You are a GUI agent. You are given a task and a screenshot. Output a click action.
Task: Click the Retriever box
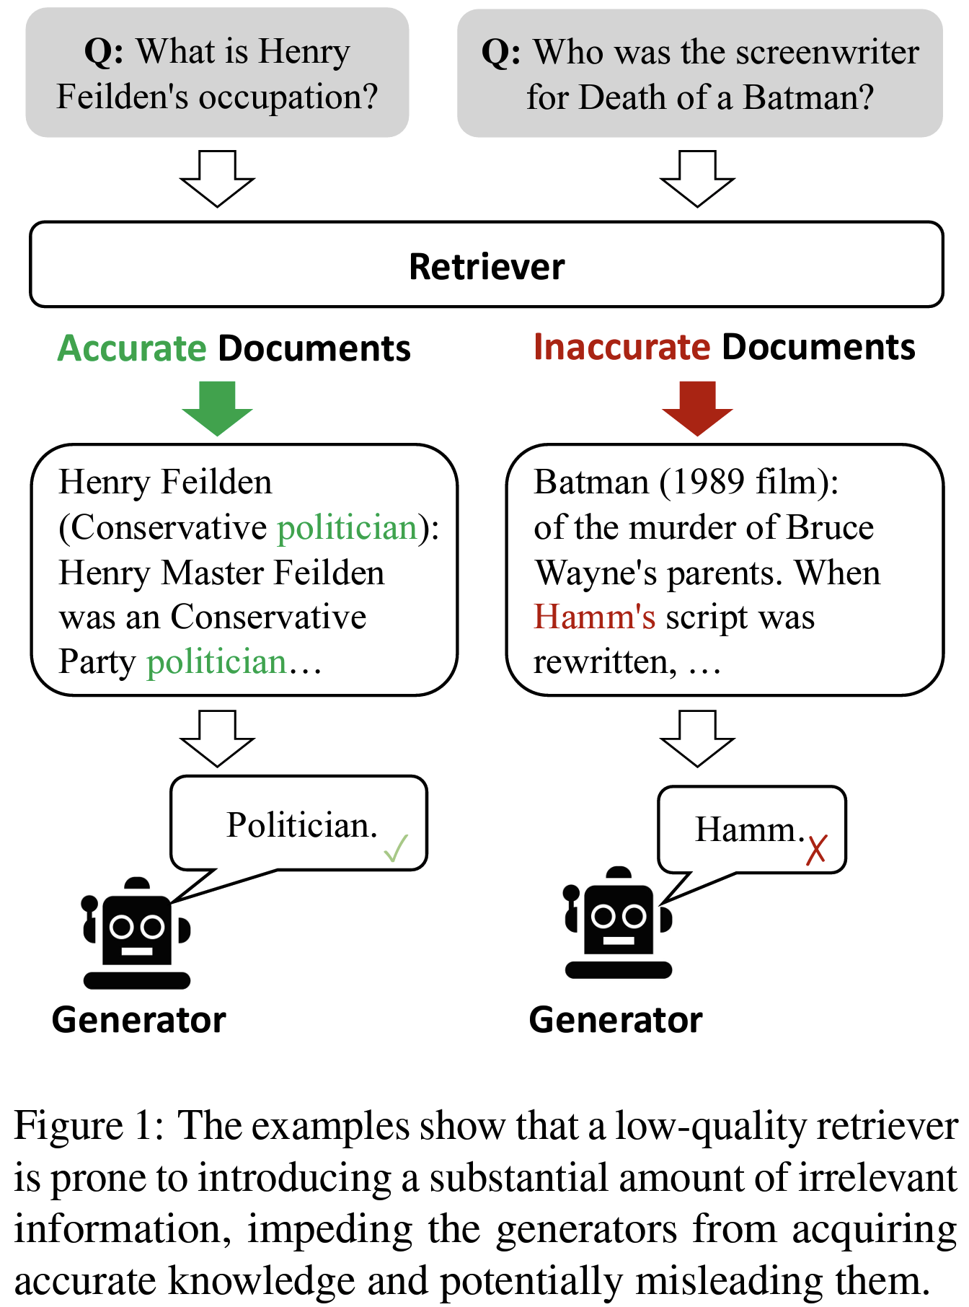(487, 265)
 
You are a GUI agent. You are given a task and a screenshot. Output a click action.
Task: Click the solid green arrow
(217, 408)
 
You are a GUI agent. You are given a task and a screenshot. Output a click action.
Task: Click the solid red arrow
(697, 408)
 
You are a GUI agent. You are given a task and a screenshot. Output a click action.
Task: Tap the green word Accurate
(132, 348)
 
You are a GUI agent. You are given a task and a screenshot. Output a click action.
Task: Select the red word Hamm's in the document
(594, 617)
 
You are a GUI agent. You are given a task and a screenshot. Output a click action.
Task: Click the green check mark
(396, 848)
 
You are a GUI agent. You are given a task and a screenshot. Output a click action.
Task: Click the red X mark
(816, 850)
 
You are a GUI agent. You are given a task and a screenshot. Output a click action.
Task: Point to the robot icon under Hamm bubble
(618, 923)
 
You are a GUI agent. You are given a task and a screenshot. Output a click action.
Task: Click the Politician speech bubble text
(302, 825)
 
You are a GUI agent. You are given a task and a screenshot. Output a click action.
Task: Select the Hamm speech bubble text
(749, 829)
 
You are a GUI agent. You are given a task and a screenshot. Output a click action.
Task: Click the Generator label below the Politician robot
(139, 1020)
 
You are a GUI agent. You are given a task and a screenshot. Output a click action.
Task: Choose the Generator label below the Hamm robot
(616, 1020)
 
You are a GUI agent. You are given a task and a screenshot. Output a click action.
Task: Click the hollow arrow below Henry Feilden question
(217, 179)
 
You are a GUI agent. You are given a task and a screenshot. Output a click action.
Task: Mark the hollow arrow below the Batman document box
(697, 739)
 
